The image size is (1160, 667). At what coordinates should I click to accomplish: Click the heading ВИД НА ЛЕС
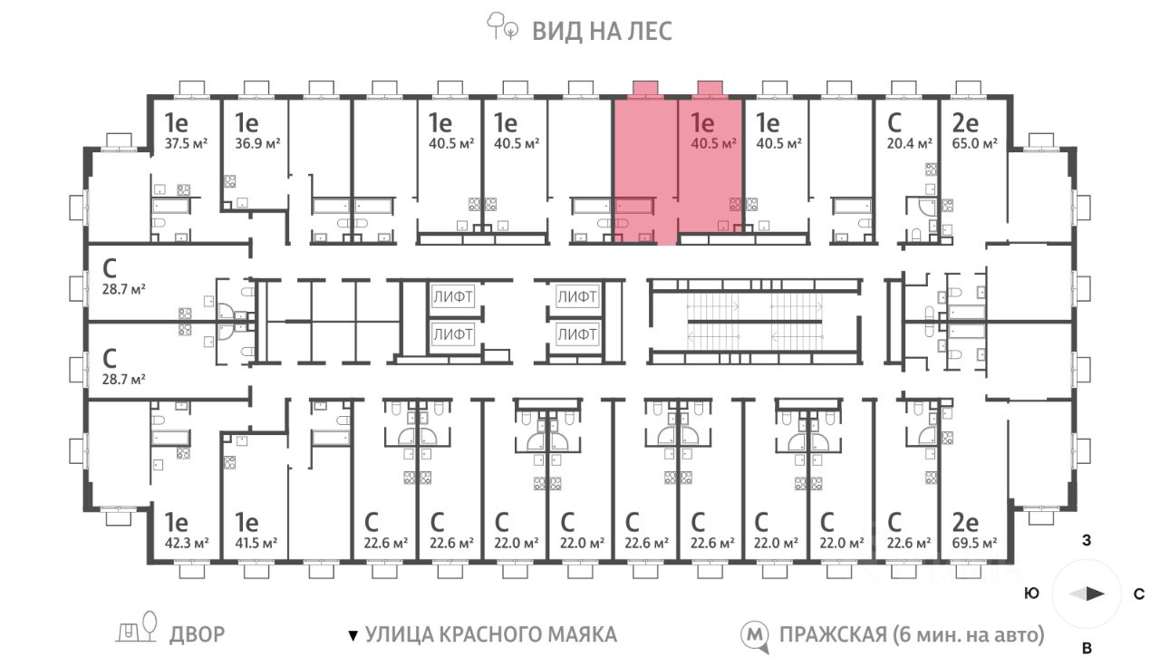pyautogui.click(x=603, y=31)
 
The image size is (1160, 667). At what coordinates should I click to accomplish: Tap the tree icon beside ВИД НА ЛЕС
pyautogui.click(x=502, y=26)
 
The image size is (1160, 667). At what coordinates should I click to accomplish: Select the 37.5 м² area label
pyautogui.click(x=186, y=143)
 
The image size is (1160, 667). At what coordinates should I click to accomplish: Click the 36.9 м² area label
pyautogui.click(x=257, y=143)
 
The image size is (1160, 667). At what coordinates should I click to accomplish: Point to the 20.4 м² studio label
pyautogui.click(x=909, y=143)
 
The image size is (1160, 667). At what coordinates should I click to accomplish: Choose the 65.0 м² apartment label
pyautogui.click(x=974, y=143)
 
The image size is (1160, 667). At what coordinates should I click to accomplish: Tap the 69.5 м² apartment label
pyautogui.click(x=974, y=543)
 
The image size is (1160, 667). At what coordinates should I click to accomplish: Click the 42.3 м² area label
pyautogui.click(x=187, y=543)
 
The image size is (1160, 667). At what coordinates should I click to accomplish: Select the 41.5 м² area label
pyautogui.click(x=256, y=543)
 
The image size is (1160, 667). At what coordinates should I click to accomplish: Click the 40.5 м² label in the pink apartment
pyautogui.click(x=713, y=143)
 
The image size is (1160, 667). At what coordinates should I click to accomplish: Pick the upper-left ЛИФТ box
pyautogui.click(x=452, y=296)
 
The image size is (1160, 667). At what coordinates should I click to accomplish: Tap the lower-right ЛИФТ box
pyautogui.click(x=577, y=334)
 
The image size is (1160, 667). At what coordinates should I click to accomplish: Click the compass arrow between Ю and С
pyautogui.click(x=1087, y=594)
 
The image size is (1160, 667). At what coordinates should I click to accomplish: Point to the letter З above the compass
pyautogui.click(x=1087, y=541)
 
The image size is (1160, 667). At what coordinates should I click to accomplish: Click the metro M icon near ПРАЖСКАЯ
pyautogui.click(x=755, y=636)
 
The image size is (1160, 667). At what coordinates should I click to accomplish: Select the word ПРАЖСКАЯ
pyautogui.click(x=833, y=635)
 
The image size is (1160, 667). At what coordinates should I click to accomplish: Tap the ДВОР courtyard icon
pyautogui.click(x=137, y=627)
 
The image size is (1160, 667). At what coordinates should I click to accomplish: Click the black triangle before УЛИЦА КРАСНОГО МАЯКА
pyautogui.click(x=353, y=635)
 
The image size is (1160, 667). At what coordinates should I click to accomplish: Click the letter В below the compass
pyautogui.click(x=1087, y=648)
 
